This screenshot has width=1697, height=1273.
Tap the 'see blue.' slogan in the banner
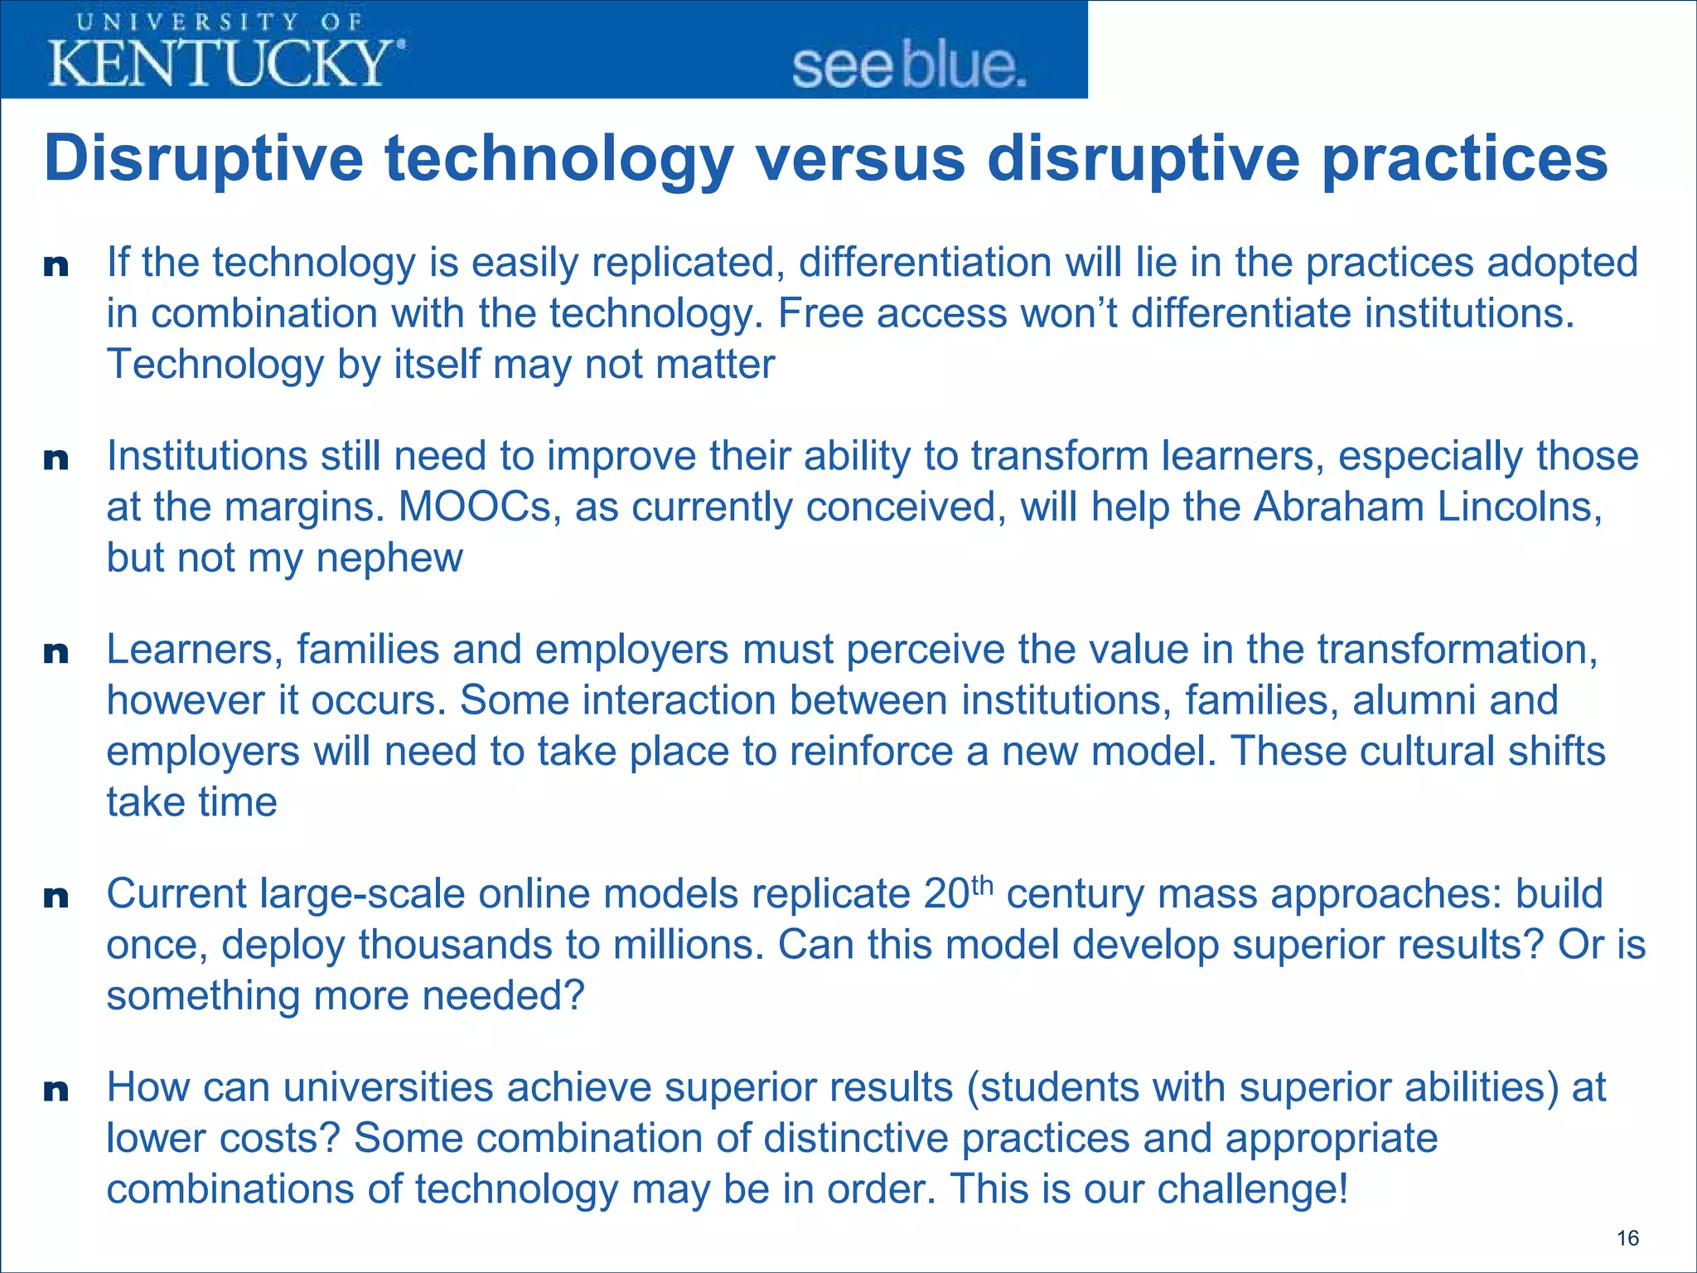[x=909, y=66]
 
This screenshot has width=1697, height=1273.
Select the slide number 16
[x=1627, y=1238]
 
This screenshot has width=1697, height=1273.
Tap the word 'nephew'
[x=389, y=558]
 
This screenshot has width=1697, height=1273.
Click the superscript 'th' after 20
[x=981, y=885]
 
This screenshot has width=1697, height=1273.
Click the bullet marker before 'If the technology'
[x=56, y=266]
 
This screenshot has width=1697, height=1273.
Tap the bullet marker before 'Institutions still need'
[x=56, y=459]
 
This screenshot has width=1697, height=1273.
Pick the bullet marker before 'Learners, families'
[x=56, y=653]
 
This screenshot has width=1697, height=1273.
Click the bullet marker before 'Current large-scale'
[x=56, y=897]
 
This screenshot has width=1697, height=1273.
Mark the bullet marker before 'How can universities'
[x=56, y=1091]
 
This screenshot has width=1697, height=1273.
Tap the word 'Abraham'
[x=1338, y=506]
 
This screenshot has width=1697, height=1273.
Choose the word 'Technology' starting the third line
[x=215, y=365]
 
